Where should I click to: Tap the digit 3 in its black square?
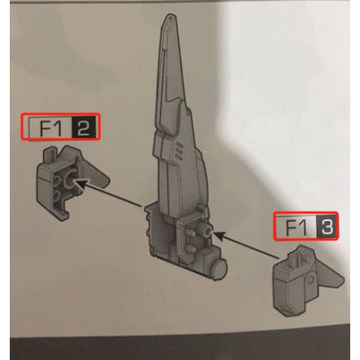pos(325,227)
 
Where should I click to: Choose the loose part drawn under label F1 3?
pos(305,282)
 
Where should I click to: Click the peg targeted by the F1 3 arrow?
pos(207,234)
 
